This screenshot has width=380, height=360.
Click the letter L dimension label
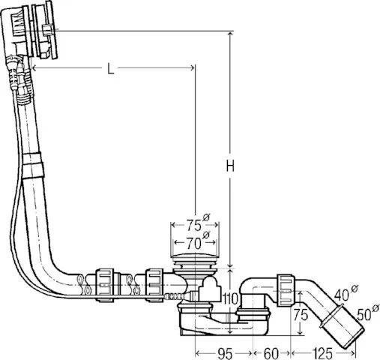[110, 69]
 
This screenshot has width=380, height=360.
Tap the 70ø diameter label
[193, 243]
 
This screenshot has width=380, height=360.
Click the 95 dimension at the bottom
[224, 351]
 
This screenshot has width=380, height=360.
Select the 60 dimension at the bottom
[271, 351]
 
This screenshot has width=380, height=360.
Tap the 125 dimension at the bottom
[322, 351]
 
